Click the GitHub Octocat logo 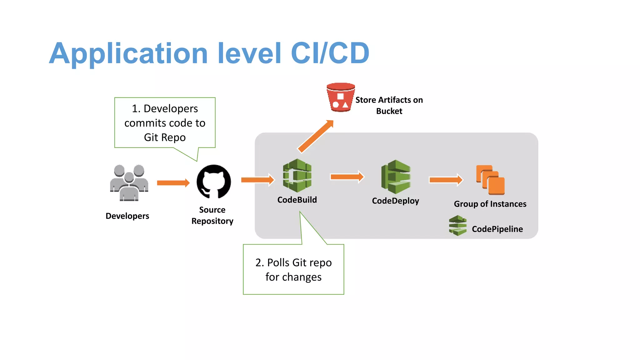(x=214, y=182)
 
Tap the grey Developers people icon (x=129, y=183)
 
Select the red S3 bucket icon (x=340, y=97)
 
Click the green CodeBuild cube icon (x=297, y=175)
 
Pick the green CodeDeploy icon (x=396, y=177)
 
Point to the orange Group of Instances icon (x=490, y=180)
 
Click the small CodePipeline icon (x=457, y=225)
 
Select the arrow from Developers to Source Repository (x=173, y=183)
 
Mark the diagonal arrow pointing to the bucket (x=315, y=137)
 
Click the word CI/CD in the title (x=330, y=53)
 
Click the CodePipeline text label (x=497, y=229)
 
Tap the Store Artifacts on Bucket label (x=389, y=105)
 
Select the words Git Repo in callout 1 (x=165, y=137)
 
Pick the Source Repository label (x=212, y=215)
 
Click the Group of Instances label (x=490, y=204)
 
